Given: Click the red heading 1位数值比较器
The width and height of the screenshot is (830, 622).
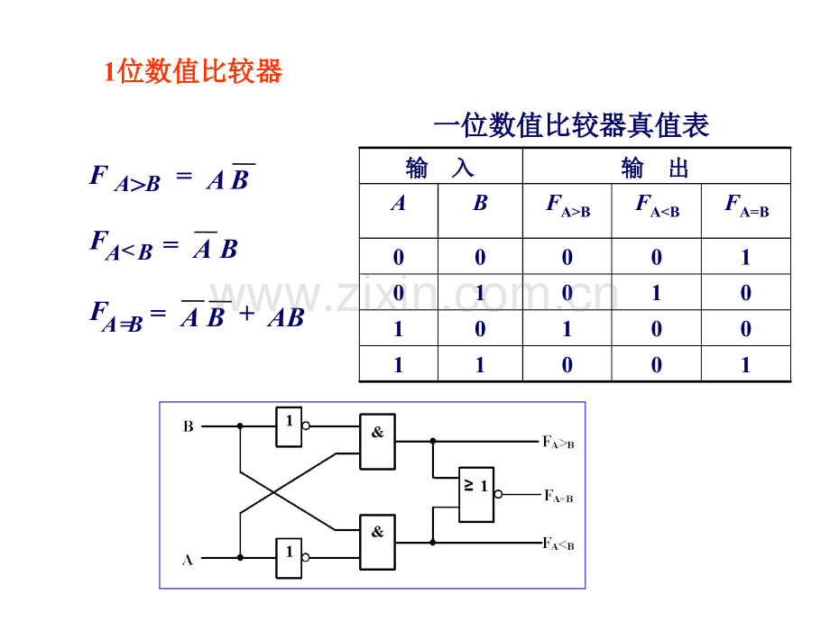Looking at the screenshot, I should point(193,71).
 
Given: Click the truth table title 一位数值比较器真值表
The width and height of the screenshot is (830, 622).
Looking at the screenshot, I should point(571,125).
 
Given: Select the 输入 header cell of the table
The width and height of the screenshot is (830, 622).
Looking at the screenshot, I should point(440,168).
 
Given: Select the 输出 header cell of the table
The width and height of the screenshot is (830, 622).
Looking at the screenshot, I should point(656,168).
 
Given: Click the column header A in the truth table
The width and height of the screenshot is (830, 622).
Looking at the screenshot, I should point(398,204).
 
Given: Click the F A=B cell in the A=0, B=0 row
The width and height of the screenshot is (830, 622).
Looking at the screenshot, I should point(746,258).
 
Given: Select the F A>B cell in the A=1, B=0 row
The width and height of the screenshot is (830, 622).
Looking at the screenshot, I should point(567,329).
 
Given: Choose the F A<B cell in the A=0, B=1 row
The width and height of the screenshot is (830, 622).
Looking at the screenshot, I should point(657,293).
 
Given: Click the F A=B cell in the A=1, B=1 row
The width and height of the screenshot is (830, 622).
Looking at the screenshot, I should point(746,365).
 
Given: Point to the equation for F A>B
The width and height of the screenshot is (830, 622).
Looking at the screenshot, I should point(171,178).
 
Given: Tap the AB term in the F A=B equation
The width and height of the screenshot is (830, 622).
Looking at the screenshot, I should point(285,318).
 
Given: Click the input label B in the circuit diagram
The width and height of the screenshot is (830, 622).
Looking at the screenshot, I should point(189,426).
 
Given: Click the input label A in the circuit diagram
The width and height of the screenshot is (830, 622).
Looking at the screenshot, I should point(188,560).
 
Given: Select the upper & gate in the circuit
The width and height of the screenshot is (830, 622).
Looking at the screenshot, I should point(377,442).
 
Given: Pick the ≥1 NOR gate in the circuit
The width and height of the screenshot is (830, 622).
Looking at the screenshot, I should point(476,494).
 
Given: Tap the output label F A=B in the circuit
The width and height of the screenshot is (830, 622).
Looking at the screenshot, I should point(557,496).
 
